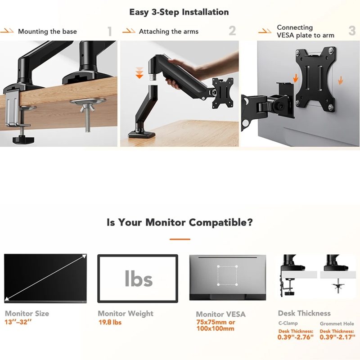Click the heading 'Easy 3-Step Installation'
pyautogui.click(x=179, y=12)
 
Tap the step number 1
pyautogui.click(x=110, y=31)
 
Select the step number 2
pyautogui.click(x=232, y=31)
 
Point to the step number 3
pyautogui.click(x=352, y=31)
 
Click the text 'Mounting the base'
pyautogui.click(x=47, y=31)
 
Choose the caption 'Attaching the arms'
pyautogui.click(x=169, y=31)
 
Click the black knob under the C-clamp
pyautogui.click(x=23, y=139)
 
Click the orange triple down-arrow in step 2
pyautogui.click(x=139, y=73)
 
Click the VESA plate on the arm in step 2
pyautogui.click(x=223, y=93)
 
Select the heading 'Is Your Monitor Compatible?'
pyautogui.click(x=180, y=222)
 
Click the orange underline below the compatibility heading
pyautogui.click(x=180, y=239)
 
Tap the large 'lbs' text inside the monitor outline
pyautogui.click(x=139, y=279)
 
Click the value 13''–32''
pyautogui.click(x=18, y=322)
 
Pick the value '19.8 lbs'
pyautogui.click(x=110, y=322)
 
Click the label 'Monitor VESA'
pyautogui.click(x=220, y=314)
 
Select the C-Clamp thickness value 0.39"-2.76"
pyautogui.click(x=295, y=337)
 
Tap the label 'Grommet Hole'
pyautogui.click(x=337, y=324)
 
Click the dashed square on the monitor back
pyautogui.click(x=227, y=275)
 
